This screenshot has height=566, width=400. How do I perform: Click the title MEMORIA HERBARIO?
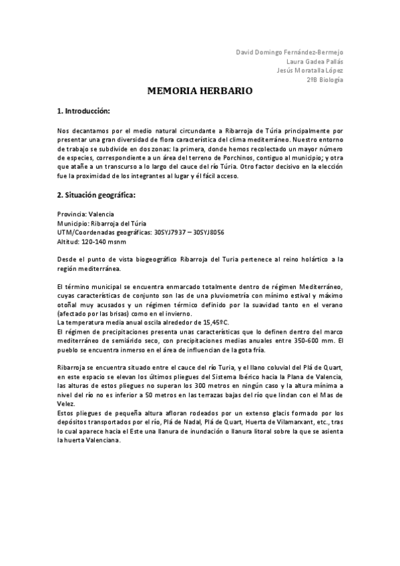pyautogui.click(x=200, y=91)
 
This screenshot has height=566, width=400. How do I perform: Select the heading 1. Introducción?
pyautogui.click(x=83, y=110)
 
